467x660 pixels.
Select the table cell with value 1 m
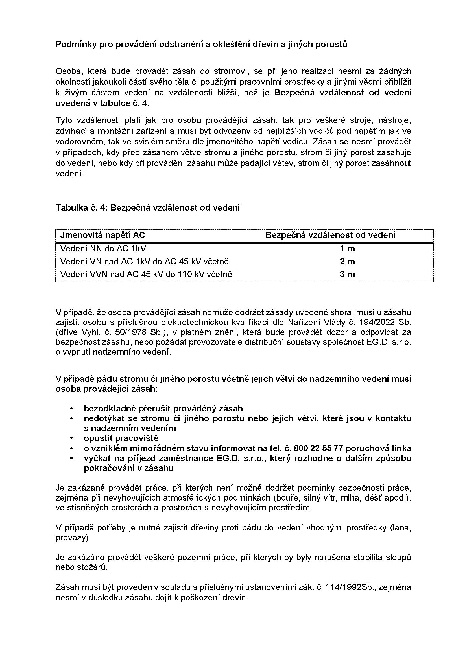tap(347, 249)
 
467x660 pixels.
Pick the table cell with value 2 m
tap(347, 262)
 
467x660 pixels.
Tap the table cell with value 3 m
tap(347, 274)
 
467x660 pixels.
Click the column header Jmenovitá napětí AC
tap(103, 235)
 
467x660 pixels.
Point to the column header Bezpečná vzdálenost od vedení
tap(330, 235)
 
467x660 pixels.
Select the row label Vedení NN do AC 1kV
tap(105, 249)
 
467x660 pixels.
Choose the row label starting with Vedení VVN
tap(146, 274)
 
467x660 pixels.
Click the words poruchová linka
tap(378, 448)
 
